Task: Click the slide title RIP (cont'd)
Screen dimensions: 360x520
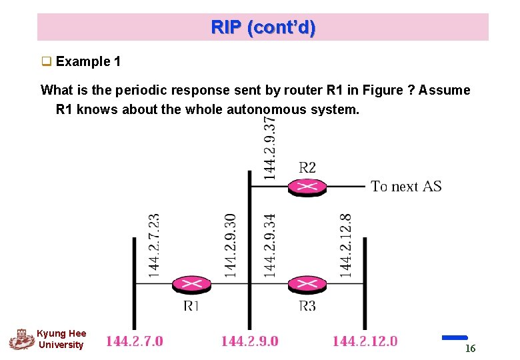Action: pos(263,28)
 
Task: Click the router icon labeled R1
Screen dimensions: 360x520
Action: pos(191,285)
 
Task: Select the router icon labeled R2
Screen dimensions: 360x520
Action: pos(307,187)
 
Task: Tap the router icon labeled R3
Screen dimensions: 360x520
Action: pos(307,285)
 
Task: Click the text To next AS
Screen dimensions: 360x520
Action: pos(406,187)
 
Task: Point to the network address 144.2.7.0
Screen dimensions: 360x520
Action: pos(134,341)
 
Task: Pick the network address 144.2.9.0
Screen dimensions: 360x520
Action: pos(249,341)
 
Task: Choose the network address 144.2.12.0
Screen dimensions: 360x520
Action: pos(365,341)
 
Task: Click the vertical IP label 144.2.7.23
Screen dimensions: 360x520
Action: pos(153,244)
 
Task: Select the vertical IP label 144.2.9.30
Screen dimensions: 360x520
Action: pos(230,244)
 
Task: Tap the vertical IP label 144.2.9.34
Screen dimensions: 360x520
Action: pos(269,244)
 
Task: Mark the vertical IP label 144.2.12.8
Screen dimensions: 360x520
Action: pos(345,244)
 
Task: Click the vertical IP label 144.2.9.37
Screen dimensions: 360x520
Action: pos(269,147)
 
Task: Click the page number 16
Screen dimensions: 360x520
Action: pos(470,349)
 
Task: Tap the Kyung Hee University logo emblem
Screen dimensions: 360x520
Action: pos(21,339)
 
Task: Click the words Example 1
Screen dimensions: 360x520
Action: pos(88,62)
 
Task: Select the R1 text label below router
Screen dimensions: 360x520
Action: pos(191,306)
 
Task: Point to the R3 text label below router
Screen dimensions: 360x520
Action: pos(307,306)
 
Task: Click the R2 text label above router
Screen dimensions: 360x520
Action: pos(307,167)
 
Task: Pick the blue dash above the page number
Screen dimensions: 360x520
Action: pos(455,337)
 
